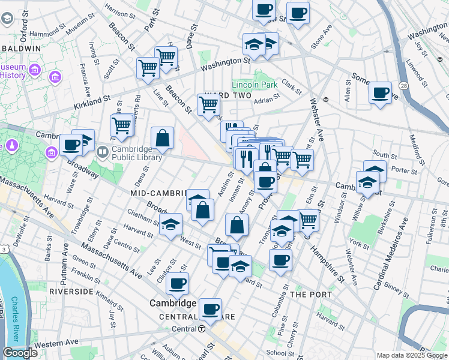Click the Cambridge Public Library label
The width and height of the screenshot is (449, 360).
136,154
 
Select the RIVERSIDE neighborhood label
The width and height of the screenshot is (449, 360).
71,291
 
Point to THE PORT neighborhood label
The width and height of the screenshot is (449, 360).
311,295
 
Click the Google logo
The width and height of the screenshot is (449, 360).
20,353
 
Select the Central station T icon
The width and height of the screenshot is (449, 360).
202,329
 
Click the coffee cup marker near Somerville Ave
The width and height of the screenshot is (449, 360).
380,93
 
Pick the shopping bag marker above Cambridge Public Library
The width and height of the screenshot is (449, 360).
162,138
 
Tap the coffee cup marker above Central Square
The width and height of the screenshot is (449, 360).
210,310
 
